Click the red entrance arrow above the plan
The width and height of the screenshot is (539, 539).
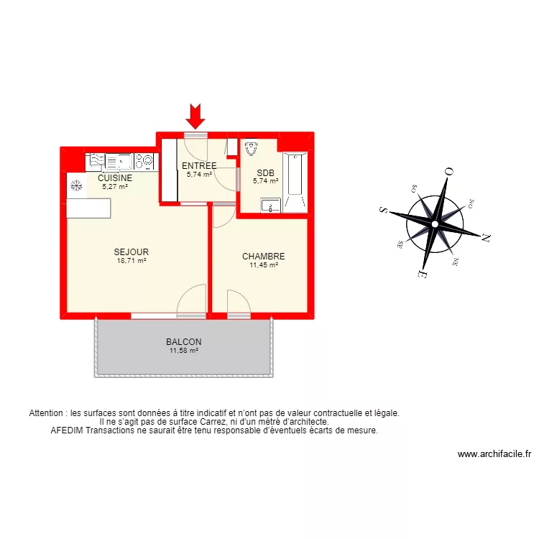pos(195,115)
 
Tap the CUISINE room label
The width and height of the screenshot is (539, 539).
pos(115,178)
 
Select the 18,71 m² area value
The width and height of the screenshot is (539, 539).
pos(131,261)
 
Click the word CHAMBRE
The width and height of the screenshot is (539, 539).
pos(263,257)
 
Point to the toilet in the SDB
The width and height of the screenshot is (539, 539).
pos(251,149)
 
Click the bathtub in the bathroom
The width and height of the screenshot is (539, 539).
pos(295,174)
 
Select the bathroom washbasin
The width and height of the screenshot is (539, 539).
pos(270,204)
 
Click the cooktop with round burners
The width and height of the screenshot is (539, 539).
pos(147,160)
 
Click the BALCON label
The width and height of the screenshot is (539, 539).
pos(183,342)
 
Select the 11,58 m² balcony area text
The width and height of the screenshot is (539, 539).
pos(183,351)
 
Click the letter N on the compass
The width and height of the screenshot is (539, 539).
pos(486,236)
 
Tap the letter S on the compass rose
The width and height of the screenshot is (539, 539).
pos(384,211)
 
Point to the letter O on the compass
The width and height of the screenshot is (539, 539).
pos(448,171)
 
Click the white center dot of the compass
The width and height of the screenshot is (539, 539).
pos(434,224)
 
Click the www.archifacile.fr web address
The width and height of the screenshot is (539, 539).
pos(494,454)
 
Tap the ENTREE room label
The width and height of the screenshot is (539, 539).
pos(199,166)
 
